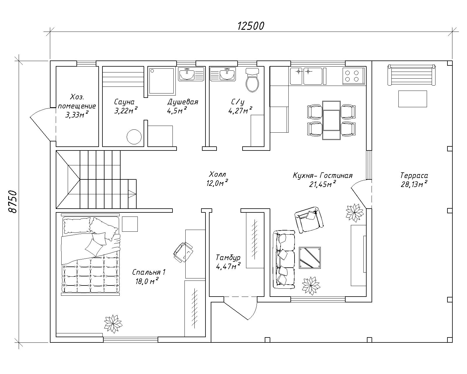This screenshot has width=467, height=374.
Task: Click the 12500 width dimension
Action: pos(251,26)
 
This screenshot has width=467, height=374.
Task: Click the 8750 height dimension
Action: pos(13,202)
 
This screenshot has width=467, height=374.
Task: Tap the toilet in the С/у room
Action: pos(252,80)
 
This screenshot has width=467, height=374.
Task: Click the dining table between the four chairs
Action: pos(331,120)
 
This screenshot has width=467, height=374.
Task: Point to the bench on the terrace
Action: pos(412,75)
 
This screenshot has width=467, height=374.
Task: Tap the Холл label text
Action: pos(217,174)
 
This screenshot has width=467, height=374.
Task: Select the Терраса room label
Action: pos(414,175)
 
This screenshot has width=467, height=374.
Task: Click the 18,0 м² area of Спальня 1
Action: pos(147,281)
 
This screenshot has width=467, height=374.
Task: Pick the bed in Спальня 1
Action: pos(91,255)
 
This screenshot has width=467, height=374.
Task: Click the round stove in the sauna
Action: pos(134,137)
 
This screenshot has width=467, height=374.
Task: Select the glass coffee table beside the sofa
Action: pos(310,258)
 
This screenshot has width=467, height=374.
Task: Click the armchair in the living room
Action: pos(309,220)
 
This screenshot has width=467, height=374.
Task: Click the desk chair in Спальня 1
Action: pos(183,252)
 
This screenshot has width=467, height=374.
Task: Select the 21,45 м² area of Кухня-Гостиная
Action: pos(323,184)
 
